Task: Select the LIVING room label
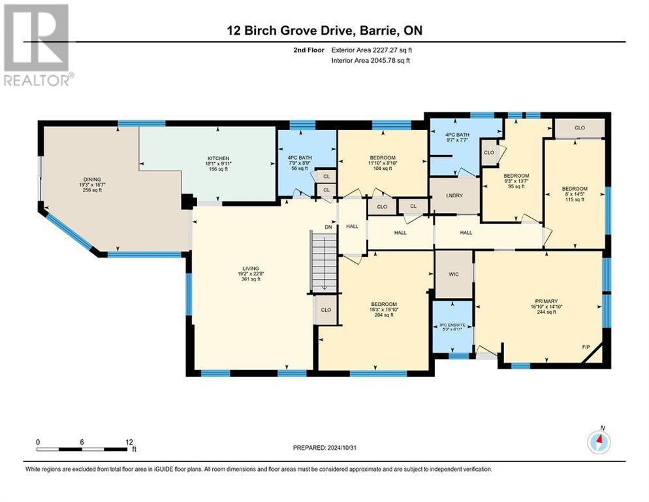click(251, 269)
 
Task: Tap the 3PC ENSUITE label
click(452, 325)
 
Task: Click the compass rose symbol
click(598, 443)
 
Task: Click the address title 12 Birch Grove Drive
click(324, 31)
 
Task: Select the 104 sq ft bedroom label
click(382, 158)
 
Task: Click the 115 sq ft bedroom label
click(575, 190)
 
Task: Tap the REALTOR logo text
click(38, 81)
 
